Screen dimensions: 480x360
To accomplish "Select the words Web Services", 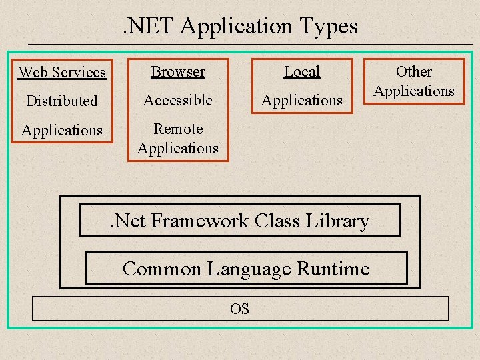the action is [62, 72].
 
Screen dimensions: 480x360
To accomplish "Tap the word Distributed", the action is [62, 101].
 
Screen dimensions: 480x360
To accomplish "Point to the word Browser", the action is [178, 71].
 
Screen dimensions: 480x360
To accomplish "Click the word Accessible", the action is [178, 100].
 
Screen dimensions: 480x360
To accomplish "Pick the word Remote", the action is [178, 129].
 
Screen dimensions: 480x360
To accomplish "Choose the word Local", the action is [302, 71].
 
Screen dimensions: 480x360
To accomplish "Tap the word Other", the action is [414, 71].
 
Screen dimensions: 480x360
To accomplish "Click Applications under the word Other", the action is [414, 91].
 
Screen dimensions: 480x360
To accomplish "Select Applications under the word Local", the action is [302, 101].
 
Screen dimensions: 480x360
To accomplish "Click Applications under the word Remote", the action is [178, 147].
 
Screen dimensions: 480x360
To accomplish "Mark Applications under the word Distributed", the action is [62, 131].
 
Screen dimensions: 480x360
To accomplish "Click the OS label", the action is [239, 309].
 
